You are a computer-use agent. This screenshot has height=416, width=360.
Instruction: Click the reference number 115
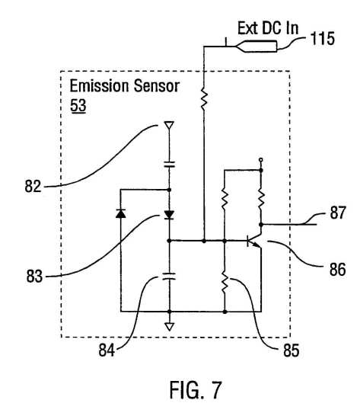323,38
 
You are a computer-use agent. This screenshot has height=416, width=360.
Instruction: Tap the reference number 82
33,186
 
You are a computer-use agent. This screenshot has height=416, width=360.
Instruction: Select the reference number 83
34,276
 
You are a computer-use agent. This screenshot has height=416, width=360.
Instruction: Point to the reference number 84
107,350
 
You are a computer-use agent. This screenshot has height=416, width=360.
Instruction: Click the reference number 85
292,350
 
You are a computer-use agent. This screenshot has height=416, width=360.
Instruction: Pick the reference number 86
337,270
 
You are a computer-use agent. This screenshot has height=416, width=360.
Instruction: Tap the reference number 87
338,213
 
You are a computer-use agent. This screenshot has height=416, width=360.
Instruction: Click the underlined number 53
78,105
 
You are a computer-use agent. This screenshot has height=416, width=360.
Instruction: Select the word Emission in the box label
100,85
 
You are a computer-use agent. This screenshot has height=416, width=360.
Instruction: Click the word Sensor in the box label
157,86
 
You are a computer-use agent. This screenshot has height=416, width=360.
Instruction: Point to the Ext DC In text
268,28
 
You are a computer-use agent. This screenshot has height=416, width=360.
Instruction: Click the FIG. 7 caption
196,390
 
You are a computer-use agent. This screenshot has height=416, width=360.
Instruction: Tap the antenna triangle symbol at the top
169,125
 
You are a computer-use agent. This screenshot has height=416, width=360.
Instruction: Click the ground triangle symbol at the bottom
170,327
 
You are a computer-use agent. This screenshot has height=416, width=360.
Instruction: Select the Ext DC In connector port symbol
256,46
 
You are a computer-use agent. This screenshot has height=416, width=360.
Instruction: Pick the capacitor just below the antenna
170,165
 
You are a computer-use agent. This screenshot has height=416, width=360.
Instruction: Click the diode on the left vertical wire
121,213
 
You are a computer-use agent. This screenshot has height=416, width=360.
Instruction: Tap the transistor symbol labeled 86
254,240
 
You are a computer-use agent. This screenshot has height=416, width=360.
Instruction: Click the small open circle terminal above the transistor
261,160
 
